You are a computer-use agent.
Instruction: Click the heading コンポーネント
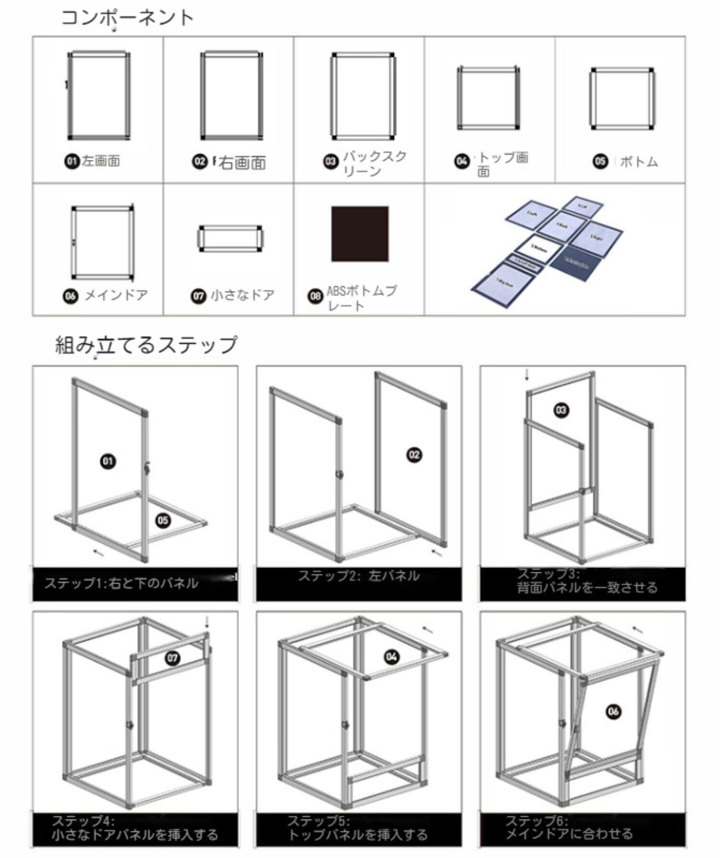(x=127, y=18)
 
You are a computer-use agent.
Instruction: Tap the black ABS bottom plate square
(x=360, y=234)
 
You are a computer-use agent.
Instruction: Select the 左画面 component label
(x=100, y=161)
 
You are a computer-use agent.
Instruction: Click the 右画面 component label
(x=242, y=163)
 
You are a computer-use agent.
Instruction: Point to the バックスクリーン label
(x=374, y=163)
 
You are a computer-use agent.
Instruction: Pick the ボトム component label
(x=638, y=161)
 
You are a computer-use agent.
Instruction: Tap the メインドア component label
(x=116, y=295)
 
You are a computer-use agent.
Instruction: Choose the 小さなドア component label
(x=242, y=295)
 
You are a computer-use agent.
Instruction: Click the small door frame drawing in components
(x=230, y=238)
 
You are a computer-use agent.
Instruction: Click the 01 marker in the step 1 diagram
(x=108, y=461)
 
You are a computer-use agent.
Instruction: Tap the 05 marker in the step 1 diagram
(x=163, y=520)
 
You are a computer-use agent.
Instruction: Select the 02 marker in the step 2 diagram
(x=414, y=455)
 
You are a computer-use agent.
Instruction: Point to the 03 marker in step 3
(x=561, y=410)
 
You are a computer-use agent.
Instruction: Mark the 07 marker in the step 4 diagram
(x=172, y=658)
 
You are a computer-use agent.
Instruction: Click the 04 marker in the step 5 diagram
(x=392, y=657)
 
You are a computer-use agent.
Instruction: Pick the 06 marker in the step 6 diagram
(x=613, y=711)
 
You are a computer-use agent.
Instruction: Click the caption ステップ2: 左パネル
(x=359, y=576)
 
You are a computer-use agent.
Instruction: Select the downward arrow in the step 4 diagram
(x=207, y=622)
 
